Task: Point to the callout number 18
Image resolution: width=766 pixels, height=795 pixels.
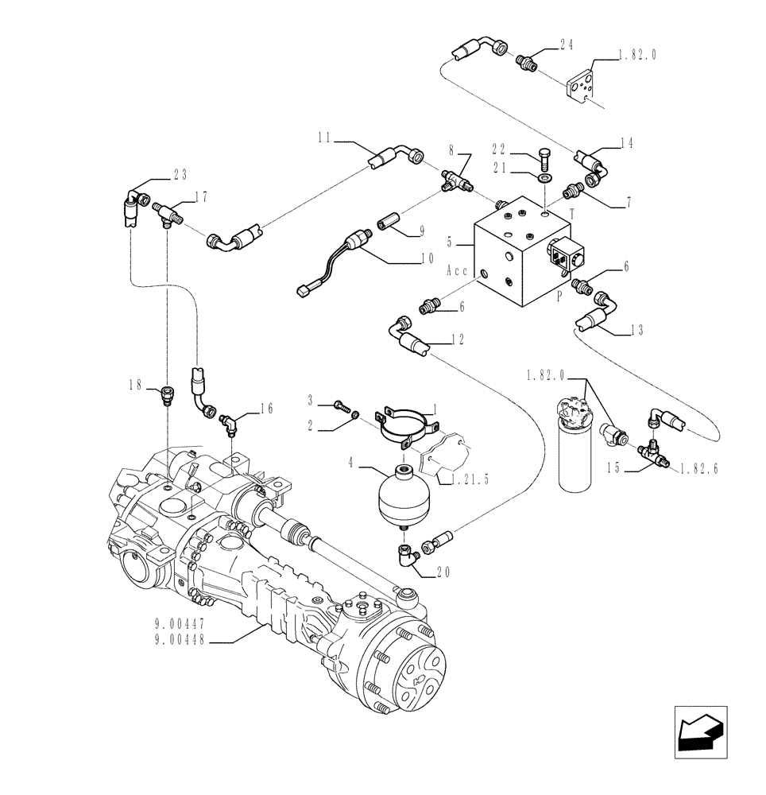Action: (137, 385)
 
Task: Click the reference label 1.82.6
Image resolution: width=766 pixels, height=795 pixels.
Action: (699, 470)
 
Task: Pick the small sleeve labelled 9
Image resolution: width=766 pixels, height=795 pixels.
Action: (391, 219)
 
